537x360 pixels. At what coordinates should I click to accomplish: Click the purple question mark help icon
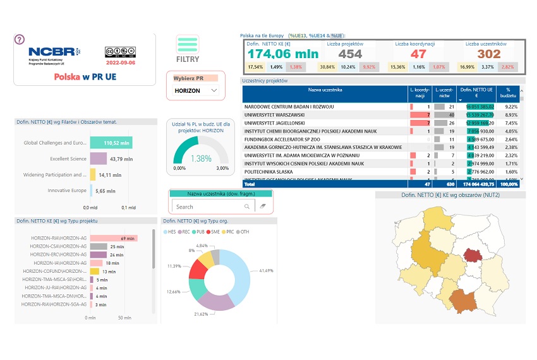pos(20,39)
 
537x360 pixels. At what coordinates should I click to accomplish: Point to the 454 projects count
pos(350,54)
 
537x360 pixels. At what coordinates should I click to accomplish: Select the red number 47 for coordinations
pos(418,54)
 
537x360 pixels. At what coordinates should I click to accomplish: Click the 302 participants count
pos(488,54)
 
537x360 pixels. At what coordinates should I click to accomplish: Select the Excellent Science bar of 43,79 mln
pos(98,159)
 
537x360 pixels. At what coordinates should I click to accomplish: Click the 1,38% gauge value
pos(200,159)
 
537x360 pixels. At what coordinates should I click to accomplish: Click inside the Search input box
pos(208,207)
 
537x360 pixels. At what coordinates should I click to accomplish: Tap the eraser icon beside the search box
pos(263,207)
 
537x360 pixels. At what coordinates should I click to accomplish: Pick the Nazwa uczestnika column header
pos(325,90)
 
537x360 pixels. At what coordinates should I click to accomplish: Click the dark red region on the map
pos(471,254)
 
